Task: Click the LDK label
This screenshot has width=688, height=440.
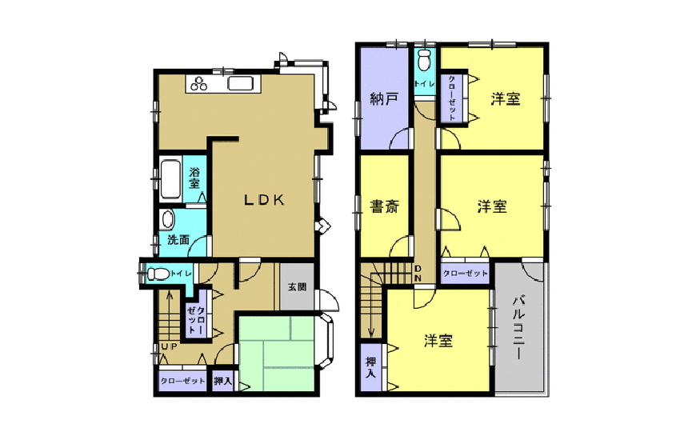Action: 264,200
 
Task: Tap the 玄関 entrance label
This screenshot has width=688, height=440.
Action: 297,287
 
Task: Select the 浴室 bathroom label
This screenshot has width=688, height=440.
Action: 194,177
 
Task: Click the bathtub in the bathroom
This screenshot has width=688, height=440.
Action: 170,180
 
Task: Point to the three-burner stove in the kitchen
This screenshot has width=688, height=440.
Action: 198,83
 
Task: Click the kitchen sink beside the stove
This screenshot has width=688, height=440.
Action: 241,83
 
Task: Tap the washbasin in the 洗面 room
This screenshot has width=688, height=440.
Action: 167,219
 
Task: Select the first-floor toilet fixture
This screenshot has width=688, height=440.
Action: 158,274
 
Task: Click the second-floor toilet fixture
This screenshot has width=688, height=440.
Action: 423,60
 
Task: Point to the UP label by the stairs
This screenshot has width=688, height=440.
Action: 170,346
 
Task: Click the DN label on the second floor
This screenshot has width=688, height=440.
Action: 418,274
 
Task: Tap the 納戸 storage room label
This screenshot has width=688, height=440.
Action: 384,98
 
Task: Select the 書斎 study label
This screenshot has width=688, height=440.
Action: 384,206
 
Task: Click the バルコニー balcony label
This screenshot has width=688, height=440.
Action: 518,328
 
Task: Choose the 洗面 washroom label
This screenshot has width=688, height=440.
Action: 178,240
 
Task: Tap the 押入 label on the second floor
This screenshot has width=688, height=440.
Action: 370,368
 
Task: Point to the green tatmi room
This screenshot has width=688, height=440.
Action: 277,353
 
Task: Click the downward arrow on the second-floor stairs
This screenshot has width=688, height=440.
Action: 371,307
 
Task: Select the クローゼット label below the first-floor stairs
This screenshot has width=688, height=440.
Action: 182,381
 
